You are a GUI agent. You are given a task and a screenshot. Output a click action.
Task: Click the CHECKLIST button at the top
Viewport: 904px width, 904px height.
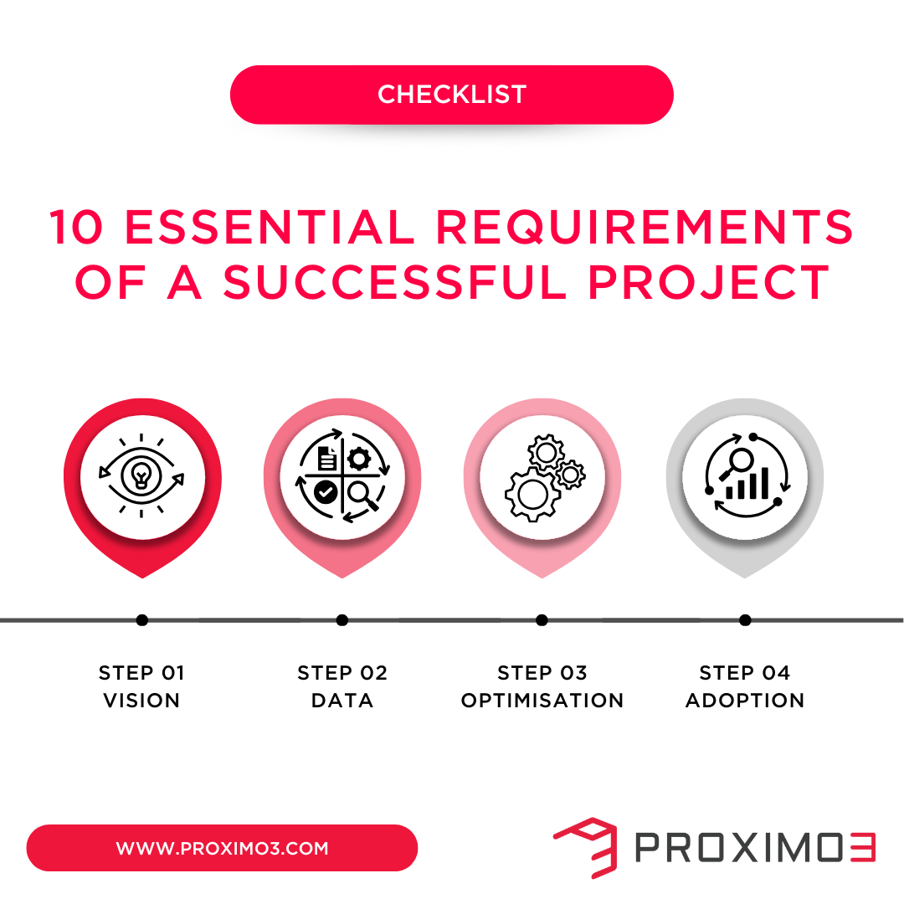pos(452,95)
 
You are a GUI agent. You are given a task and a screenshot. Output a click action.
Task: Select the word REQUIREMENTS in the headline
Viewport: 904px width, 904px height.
pos(645,228)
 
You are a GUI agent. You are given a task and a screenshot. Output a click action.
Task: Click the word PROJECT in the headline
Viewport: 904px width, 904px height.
pos(708,283)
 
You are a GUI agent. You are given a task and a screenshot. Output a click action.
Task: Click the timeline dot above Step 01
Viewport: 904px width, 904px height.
pos(142,620)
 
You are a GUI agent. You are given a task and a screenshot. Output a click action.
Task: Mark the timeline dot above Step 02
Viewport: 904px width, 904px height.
pos(342,620)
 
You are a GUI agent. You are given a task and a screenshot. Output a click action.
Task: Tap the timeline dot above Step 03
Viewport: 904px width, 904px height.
pos(542,620)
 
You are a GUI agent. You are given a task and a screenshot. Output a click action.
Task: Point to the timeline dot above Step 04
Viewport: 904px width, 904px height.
pos(745,620)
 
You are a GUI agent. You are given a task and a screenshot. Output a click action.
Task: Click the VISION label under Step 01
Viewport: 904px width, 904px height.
pos(141,701)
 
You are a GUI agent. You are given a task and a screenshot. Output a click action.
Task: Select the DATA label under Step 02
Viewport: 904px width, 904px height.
pos(342,701)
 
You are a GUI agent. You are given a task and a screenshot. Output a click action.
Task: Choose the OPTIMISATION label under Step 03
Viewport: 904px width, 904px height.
pos(542,701)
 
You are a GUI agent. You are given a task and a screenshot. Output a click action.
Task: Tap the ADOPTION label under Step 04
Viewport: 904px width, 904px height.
pos(745,701)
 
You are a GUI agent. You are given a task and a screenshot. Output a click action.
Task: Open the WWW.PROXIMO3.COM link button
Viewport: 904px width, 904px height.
pos(222,848)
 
